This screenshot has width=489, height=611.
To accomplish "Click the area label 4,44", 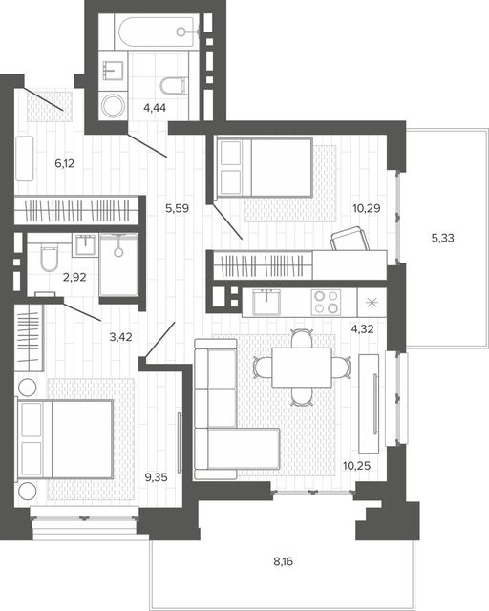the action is click(155, 108).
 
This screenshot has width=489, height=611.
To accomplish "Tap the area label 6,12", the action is click(64, 163).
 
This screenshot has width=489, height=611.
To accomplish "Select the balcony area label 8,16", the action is click(283, 561).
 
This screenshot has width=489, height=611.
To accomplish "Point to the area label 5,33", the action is click(443, 238).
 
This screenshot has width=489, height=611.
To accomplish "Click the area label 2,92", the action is click(74, 278).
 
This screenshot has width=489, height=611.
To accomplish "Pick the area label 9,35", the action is click(156, 477).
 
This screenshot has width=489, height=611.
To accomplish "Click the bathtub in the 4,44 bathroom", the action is click(158, 32).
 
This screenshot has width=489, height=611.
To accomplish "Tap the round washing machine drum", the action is click(113, 106).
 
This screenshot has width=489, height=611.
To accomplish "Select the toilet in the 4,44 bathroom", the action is click(173, 86).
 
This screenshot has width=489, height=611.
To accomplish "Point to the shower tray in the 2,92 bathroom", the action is click(118, 264).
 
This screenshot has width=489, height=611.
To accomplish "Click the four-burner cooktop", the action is click(326, 302).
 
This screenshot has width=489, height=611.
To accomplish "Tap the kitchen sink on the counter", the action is click(266, 302).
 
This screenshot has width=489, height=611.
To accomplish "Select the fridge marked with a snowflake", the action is click(372, 303).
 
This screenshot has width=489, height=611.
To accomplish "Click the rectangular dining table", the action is click(302, 368).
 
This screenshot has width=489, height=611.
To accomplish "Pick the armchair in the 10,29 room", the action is click(350, 239).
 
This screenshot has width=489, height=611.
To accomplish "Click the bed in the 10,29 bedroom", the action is click(264, 167).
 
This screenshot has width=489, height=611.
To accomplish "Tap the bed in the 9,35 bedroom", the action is click(64, 439).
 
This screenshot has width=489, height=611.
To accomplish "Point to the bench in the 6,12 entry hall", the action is click(25, 158).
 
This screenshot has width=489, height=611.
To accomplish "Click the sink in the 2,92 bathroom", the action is click(85, 245).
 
